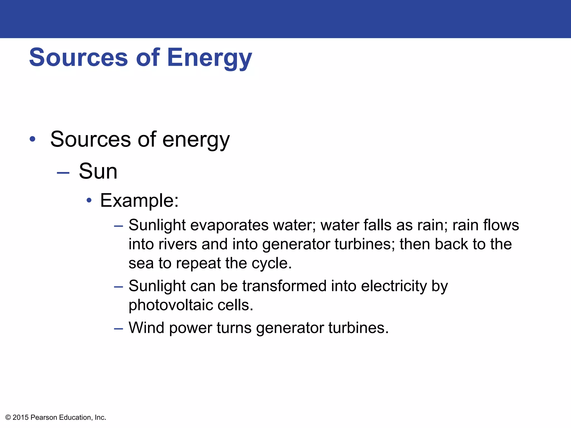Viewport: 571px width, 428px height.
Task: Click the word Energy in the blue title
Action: point(209,58)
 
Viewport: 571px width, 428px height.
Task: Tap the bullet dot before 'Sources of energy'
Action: point(33,139)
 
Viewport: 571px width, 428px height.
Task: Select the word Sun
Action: point(98,171)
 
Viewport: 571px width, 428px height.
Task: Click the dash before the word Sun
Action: point(63,173)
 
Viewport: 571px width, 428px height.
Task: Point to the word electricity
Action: point(394,286)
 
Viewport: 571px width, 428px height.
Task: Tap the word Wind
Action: point(146,328)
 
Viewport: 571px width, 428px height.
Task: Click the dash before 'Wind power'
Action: point(118,329)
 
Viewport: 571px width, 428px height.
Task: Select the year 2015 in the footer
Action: point(21,417)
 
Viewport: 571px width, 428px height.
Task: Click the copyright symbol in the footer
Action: point(8,417)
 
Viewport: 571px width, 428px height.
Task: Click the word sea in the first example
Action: point(141,264)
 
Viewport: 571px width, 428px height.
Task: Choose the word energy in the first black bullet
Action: point(196,139)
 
